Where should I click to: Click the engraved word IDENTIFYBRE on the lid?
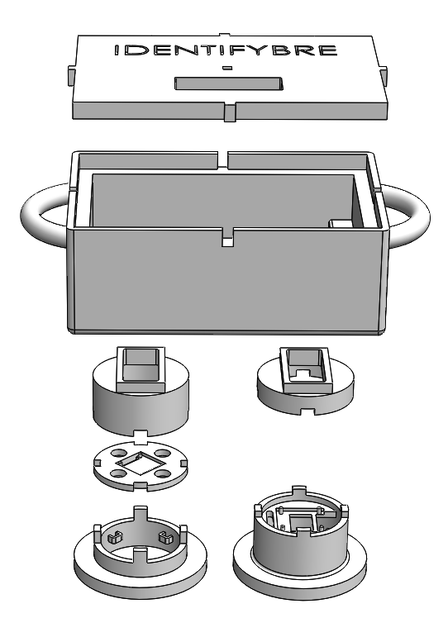226,50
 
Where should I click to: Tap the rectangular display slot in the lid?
229,83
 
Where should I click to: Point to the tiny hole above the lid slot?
226,68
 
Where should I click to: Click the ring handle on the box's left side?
43,215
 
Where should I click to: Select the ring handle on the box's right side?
408,215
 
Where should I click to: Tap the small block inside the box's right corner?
341,223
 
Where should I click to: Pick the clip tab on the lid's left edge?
70,74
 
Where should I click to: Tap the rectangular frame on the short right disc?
307,370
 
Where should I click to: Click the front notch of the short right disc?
307,411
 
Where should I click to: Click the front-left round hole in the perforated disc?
117,472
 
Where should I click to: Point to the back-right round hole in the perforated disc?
162,453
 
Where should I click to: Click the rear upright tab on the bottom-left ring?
140,516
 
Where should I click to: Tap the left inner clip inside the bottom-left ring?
114,537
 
